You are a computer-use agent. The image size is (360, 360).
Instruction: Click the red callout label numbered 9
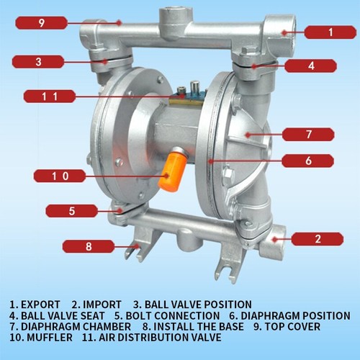42,23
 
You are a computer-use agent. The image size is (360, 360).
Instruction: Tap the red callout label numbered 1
330,32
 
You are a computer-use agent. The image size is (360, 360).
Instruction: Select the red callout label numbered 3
39,62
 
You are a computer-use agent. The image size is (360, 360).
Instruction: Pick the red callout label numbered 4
311,66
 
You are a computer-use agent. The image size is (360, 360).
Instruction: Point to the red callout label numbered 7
308,134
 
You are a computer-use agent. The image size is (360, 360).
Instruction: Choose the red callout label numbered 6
308,161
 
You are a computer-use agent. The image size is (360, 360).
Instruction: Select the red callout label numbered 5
72,211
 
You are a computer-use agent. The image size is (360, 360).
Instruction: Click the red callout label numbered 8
89,246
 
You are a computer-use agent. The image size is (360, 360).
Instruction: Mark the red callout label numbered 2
318,238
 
